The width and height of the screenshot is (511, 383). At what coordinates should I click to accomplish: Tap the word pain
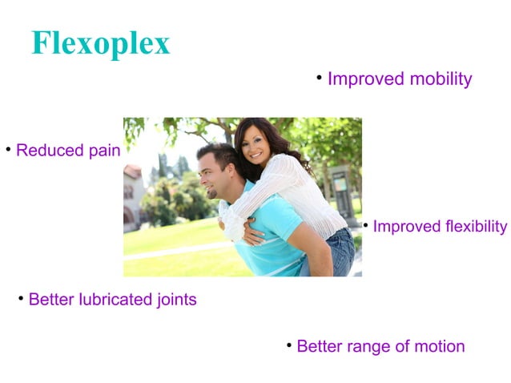105,151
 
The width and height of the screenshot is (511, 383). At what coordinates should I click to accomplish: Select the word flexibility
476,227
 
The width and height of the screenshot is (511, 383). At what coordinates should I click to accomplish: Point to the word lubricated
111,300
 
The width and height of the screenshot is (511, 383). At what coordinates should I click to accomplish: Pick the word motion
439,347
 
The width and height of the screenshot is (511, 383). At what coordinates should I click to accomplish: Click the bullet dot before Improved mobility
319,77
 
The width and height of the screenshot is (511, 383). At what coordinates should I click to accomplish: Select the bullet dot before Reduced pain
8,148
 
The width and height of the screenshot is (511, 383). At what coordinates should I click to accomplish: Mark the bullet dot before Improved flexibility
365,224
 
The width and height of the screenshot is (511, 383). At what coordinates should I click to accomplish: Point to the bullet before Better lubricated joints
21,298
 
